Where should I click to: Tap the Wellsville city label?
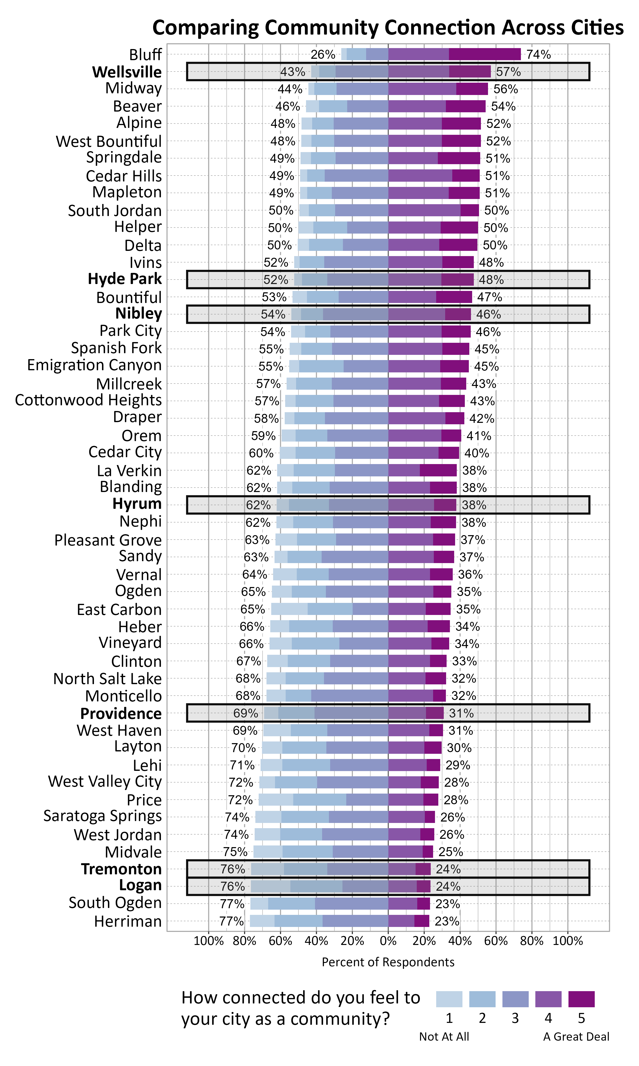(x=127, y=72)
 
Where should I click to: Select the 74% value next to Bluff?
(x=538, y=54)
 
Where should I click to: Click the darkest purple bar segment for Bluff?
(x=484, y=54)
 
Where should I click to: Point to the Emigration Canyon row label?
(x=94, y=365)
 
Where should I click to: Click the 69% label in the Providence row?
(x=245, y=713)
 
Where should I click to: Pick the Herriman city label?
(x=128, y=921)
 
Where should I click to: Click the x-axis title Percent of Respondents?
(x=388, y=962)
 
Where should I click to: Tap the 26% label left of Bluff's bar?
(x=323, y=54)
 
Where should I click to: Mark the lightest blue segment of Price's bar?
(x=275, y=800)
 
